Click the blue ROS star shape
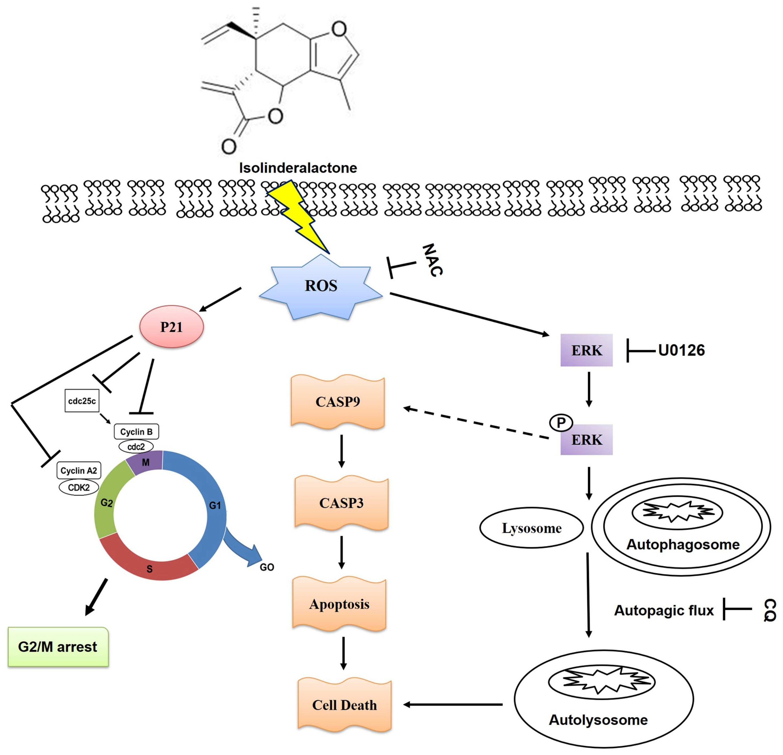click(x=321, y=287)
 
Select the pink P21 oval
click(x=171, y=327)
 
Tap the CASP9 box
click(x=338, y=402)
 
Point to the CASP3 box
click(x=341, y=502)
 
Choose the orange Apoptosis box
click(x=339, y=604)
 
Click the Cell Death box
click(x=344, y=705)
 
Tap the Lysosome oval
click(x=531, y=528)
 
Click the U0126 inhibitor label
click(x=681, y=350)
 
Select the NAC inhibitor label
click(x=433, y=260)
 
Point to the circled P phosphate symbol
click(x=561, y=423)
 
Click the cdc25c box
click(x=82, y=401)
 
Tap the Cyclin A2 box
click(x=79, y=471)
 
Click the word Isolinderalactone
click(x=298, y=168)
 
